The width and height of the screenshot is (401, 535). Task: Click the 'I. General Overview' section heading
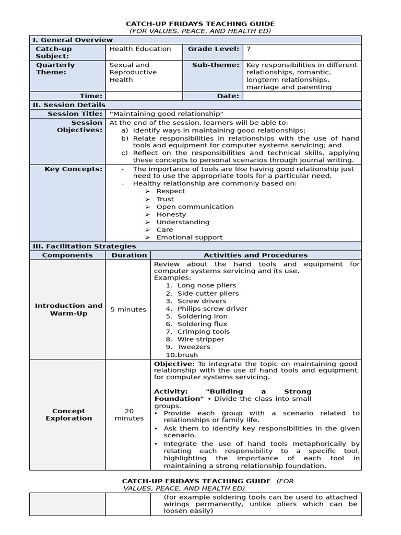click(x=73, y=40)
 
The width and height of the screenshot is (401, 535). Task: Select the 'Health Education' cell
click(x=140, y=49)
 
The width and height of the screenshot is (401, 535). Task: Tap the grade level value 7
click(x=249, y=49)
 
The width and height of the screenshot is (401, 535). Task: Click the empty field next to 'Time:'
click(x=143, y=96)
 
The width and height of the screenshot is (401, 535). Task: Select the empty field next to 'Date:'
click(x=301, y=96)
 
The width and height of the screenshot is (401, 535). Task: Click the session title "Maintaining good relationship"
click(x=167, y=114)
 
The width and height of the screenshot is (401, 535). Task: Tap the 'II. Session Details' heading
click(x=69, y=105)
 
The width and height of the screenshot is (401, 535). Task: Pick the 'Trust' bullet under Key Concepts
click(x=165, y=199)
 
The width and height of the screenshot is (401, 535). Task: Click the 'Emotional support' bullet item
click(x=189, y=237)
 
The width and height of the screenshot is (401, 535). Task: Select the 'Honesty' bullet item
click(x=171, y=214)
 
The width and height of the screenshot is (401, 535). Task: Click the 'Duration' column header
click(x=129, y=255)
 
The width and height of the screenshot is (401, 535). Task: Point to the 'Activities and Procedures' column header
click(x=255, y=255)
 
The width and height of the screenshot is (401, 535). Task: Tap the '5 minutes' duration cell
click(x=128, y=309)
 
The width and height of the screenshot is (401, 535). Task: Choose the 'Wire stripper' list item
click(x=200, y=339)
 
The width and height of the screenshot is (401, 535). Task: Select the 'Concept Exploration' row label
click(x=68, y=414)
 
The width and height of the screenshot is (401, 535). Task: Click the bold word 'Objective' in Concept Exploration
click(x=172, y=364)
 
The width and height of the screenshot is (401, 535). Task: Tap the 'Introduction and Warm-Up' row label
click(x=68, y=309)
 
